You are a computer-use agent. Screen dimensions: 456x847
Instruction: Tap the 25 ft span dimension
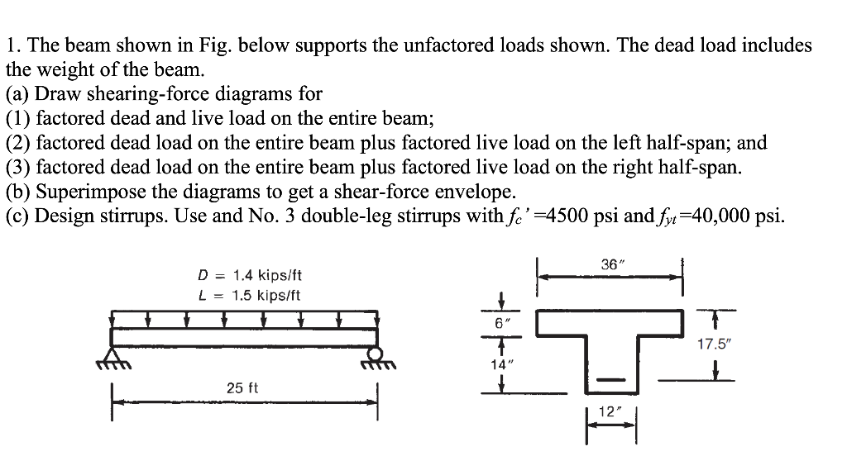(242, 387)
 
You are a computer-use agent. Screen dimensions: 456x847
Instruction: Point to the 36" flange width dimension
(610, 265)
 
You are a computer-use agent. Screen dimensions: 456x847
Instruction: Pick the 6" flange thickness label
(499, 326)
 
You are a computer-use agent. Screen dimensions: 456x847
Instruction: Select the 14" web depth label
(499, 363)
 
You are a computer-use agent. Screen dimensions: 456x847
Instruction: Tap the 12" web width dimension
(608, 411)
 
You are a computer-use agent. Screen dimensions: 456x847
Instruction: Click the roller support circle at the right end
(376, 354)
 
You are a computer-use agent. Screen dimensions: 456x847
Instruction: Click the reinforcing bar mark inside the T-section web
(609, 380)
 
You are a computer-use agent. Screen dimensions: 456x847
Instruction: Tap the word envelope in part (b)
(479, 192)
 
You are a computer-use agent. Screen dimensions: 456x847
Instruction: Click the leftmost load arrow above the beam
(113, 319)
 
